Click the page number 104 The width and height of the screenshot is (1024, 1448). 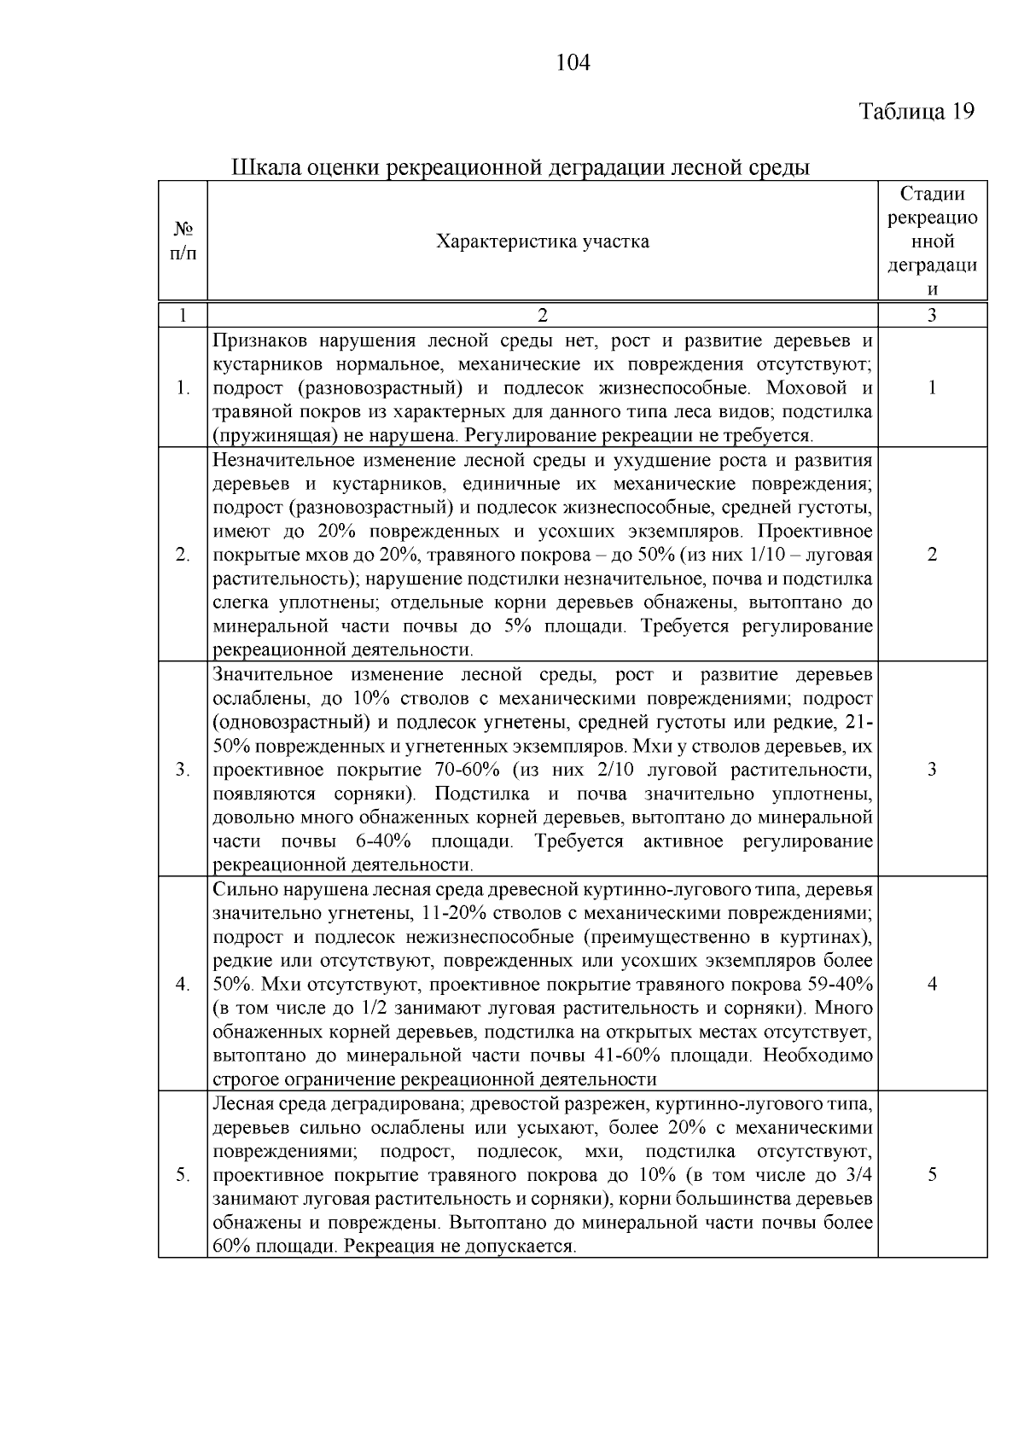click(x=573, y=63)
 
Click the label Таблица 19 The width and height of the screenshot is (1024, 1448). click(x=916, y=112)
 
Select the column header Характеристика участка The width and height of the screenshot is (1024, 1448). click(x=542, y=241)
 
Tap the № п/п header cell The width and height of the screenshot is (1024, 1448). click(x=183, y=241)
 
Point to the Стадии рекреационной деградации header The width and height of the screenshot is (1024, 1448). click(x=932, y=241)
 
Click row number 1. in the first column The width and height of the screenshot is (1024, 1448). click(x=183, y=388)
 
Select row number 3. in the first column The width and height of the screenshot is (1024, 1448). click(x=183, y=770)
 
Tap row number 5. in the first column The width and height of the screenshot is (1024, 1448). click(x=183, y=1175)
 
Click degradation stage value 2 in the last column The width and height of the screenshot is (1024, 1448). click(x=932, y=555)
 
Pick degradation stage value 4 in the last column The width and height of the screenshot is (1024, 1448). click(x=932, y=984)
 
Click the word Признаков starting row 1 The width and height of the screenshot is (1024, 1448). click(x=259, y=341)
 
